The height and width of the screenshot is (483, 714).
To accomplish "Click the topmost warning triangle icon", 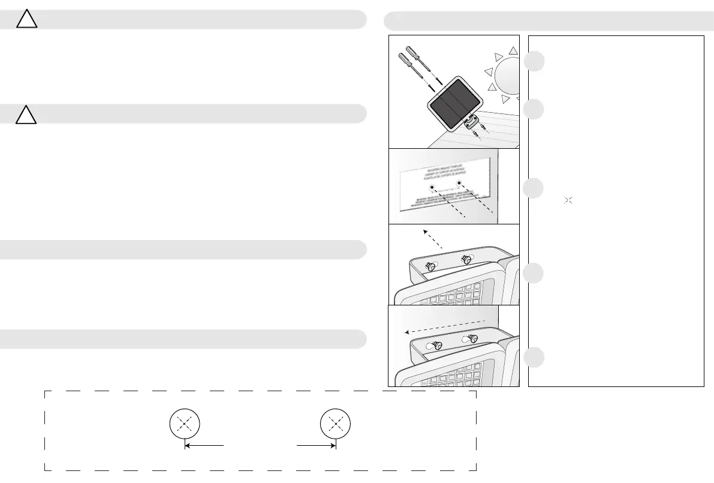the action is (x=26, y=20).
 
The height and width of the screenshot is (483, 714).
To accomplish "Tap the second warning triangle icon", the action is (x=26, y=114).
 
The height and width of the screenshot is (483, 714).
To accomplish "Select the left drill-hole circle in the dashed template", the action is (x=185, y=424).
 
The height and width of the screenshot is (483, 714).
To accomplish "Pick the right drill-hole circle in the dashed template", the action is (x=336, y=424).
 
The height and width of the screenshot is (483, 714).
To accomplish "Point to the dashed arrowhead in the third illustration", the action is (x=425, y=231).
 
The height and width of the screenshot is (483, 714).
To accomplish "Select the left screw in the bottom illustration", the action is (x=438, y=345).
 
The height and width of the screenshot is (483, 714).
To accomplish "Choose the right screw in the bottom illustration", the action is (x=472, y=338).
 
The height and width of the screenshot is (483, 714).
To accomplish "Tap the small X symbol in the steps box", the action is (x=569, y=199).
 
